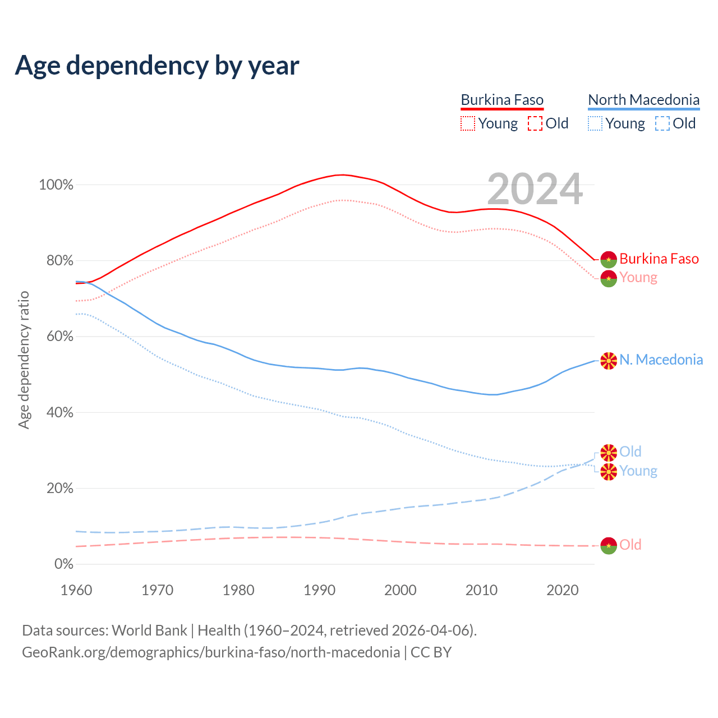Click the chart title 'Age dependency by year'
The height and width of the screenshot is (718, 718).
click(157, 66)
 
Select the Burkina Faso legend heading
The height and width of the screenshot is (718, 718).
click(502, 100)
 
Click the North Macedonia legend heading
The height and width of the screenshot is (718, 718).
click(643, 100)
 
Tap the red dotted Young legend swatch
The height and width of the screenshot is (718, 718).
click(468, 123)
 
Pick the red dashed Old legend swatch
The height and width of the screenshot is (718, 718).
click(535, 123)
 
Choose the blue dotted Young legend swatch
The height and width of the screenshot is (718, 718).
click(595, 123)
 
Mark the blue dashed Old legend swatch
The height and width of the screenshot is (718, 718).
click(662, 123)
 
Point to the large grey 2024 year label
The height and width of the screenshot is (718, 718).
click(535, 189)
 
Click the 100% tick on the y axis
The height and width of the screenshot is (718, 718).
click(56, 185)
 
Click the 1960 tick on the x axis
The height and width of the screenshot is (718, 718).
click(76, 590)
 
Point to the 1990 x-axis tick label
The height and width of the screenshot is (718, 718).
click(320, 590)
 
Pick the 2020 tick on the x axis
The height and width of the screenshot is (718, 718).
click(563, 590)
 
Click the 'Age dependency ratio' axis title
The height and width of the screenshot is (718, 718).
click(24, 360)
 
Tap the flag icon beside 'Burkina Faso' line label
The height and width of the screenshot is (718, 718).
click(609, 259)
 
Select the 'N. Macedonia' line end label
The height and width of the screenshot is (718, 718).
click(661, 360)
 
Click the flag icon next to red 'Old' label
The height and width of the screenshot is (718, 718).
click(609, 545)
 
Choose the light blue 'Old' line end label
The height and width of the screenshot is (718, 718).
click(630, 452)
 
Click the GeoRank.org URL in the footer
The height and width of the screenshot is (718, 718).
click(210, 652)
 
